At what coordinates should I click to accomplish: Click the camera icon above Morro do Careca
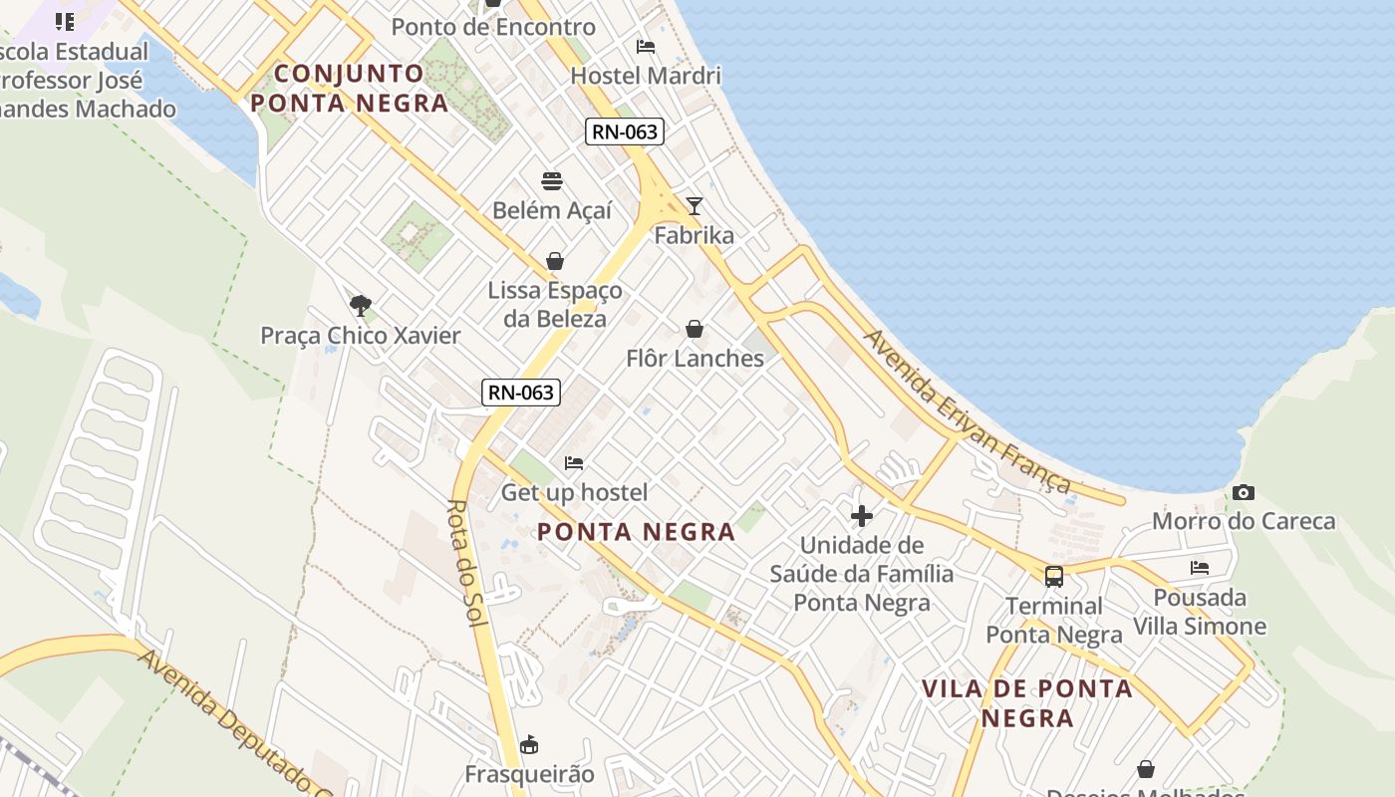click(1243, 492)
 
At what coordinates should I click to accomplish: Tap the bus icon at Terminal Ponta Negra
click(1053, 576)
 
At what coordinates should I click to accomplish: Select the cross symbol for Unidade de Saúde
click(862, 516)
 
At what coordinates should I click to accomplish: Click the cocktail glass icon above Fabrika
click(695, 206)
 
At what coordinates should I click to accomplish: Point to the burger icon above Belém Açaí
click(552, 181)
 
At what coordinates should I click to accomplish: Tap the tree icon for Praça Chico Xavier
click(361, 306)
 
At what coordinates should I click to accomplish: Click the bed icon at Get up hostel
click(574, 463)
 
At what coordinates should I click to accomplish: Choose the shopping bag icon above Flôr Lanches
click(695, 329)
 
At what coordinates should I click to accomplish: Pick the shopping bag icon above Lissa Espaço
click(555, 261)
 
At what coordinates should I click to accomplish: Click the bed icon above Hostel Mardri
click(646, 47)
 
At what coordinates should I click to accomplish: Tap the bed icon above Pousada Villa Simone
click(1200, 568)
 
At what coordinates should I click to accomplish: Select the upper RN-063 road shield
click(624, 132)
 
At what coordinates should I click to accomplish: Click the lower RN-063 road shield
click(521, 393)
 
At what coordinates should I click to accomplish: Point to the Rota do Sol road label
click(465, 563)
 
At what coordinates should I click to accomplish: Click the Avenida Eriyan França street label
click(967, 411)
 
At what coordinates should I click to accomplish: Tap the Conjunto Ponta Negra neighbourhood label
click(349, 88)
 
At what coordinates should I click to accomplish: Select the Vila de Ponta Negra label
click(1026, 702)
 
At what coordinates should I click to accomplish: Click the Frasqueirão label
click(529, 774)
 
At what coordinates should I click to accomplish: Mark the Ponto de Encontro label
click(493, 27)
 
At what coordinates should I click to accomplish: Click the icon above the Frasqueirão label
click(529, 744)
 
